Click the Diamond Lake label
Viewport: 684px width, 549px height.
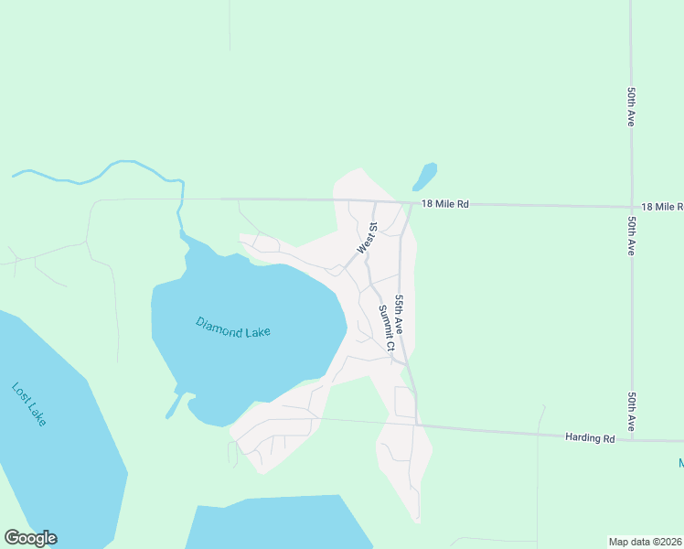(x=233, y=328)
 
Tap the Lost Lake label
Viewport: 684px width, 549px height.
(x=29, y=404)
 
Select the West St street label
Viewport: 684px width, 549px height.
(x=367, y=239)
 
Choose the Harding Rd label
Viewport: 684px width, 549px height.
(x=590, y=438)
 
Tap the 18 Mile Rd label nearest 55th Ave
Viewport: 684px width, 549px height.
(x=444, y=205)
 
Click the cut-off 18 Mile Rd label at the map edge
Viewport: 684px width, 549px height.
(x=662, y=208)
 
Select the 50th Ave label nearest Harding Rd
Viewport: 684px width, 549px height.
(x=632, y=412)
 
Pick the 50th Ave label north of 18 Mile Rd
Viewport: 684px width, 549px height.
(x=632, y=107)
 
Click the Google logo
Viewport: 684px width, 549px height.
(x=30, y=538)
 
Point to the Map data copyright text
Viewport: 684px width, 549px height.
(x=645, y=541)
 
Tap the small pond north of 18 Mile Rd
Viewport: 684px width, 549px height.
(x=424, y=175)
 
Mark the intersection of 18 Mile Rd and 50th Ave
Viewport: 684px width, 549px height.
(x=632, y=207)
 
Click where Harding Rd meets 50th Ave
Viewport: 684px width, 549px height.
(x=632, y=440)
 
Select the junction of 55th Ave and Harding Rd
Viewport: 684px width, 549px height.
(x=416, y=425)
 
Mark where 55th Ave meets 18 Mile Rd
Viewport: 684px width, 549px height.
(x=409, y=203)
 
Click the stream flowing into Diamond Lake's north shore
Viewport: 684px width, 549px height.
(x=180, y=215)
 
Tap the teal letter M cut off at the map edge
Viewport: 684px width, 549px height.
(x=680, y=465)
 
